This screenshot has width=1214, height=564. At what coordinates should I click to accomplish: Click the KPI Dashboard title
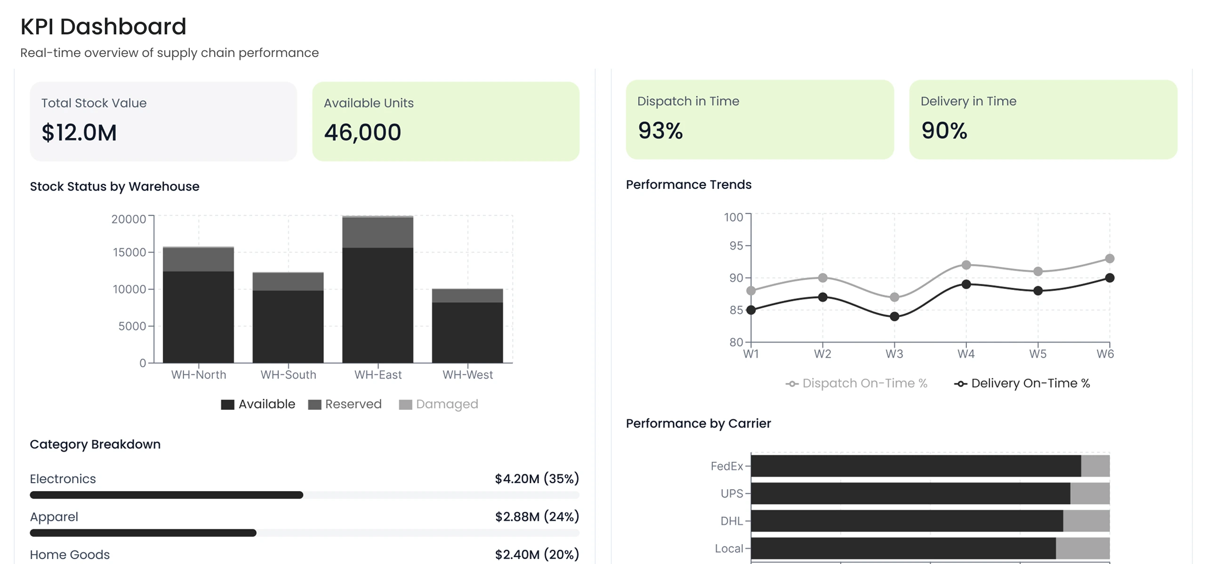coord(103,27)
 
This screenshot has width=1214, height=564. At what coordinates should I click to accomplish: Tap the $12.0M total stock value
coord(79,132)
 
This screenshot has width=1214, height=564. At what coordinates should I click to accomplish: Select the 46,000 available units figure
coord(362,132)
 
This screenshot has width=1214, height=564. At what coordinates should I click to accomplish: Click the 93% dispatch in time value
coord(660,130)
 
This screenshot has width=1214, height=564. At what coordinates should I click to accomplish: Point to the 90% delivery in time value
coord(944,130)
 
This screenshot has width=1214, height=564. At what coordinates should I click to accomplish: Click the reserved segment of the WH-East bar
coord(378,232)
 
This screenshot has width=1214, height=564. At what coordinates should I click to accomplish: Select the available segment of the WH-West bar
coord(467,332)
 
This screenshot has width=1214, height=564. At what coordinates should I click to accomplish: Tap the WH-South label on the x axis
coord(288,375)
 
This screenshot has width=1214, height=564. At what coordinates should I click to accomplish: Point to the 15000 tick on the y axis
coord(129,252)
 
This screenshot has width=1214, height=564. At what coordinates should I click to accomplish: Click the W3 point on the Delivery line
coord(894,317)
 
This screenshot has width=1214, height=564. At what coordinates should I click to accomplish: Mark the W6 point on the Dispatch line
coord(1109,258)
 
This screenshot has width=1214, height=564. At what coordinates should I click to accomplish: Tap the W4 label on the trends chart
coord(965,354)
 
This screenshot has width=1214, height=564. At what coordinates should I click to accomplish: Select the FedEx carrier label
coord(726,466)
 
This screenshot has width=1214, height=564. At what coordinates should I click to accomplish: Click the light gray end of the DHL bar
coord(1086,521)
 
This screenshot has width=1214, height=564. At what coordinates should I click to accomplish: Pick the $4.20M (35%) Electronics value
coord(536,479)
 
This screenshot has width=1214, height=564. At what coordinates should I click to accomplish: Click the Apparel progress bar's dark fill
coord(143,533)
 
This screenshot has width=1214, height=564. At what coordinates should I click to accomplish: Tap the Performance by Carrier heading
coord(698,424)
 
